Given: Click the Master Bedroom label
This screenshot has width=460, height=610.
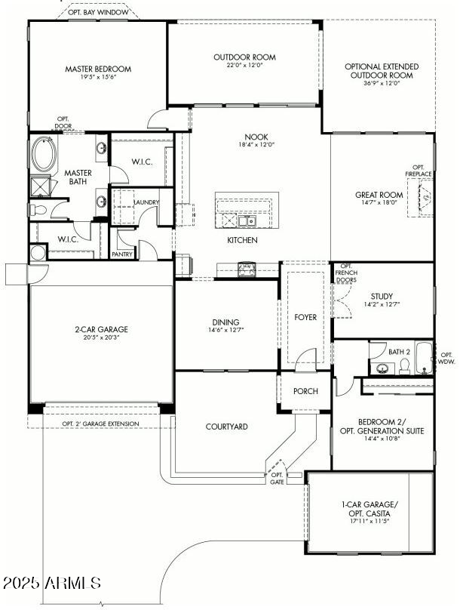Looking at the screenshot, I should coord(97,69).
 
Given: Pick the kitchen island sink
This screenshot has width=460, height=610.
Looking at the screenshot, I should coord(247,221).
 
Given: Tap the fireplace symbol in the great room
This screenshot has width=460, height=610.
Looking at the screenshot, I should coord(425,199).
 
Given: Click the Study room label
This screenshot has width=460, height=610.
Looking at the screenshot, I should coord(382,296).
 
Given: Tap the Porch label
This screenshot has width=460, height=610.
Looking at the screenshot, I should coord(305,391).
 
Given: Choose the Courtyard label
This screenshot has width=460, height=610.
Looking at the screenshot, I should coord(227,427).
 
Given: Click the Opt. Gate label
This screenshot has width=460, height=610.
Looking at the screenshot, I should coord(277,478).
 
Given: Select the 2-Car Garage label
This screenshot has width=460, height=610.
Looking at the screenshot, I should coord(101,329).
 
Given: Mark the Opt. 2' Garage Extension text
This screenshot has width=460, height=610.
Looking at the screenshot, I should coord(100,424).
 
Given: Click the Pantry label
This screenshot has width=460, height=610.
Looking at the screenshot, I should coord(122,254).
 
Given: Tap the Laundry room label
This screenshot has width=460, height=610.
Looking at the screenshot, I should coord(146,202).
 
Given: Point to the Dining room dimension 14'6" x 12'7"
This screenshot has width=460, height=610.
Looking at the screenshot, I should coord(227,330).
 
